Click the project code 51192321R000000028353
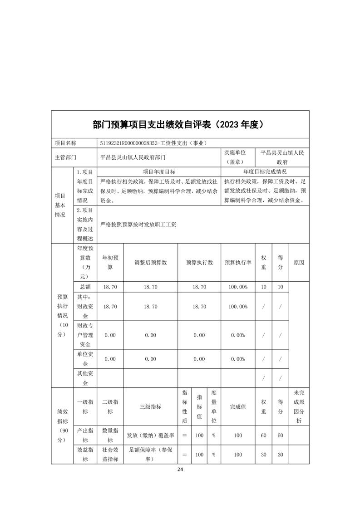coord(128,143)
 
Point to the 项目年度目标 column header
coord(159,172)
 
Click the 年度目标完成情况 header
coord(265,172)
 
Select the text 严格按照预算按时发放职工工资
coord(138,224)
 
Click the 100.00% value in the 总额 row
coord(238,287)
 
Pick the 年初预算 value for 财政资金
coord(110,307)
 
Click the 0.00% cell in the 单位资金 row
coord(238,359)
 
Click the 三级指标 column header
coord(150,407)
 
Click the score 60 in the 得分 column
coord(280,436)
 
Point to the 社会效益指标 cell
coord(110,455)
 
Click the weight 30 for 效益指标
coord(263,455)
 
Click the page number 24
coord(180,469)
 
